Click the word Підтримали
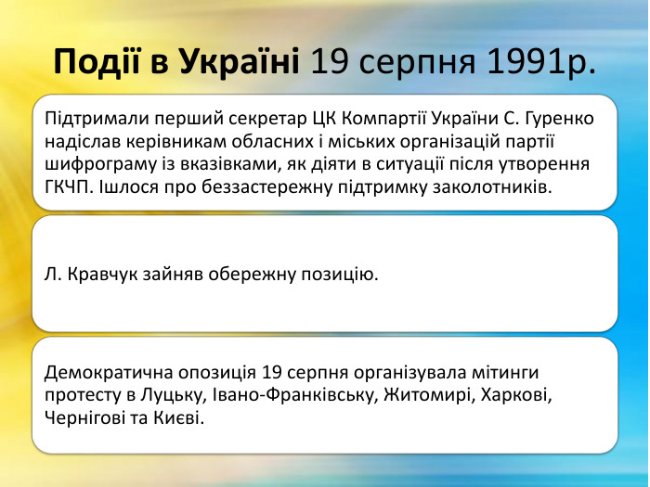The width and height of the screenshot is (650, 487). tap(91, 120)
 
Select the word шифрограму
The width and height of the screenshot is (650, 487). tap(99, 164)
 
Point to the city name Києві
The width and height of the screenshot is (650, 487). tap(182, 418)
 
